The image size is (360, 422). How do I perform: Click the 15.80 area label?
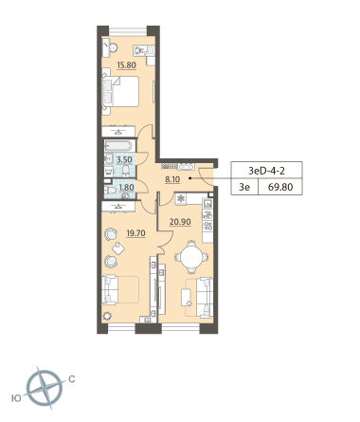coord(126,65)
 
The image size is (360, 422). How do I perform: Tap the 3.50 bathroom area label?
coord(124,159)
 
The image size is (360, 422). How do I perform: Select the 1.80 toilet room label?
coord(126,188)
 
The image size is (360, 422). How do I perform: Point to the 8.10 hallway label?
coord(172,179)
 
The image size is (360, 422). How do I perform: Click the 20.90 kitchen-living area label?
coord(180,222)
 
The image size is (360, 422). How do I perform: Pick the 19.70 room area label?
coord(135,233)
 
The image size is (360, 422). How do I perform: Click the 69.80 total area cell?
coord(280,187)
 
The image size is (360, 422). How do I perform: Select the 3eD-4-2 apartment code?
coord(266,171)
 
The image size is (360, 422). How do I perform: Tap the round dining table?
coord(191,257)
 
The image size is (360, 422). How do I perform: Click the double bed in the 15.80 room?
coord(120,91)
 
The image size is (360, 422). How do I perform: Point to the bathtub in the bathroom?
coord(118,145)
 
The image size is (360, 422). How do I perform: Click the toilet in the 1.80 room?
coord(111,191)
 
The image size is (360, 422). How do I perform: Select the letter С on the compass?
coord(72,378)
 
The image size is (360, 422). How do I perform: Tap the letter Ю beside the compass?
coord(16,398)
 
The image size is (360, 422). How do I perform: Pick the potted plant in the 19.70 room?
coord(107,316)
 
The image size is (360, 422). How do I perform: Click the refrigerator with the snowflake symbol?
coord(181,198)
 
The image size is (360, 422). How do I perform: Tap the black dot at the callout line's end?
coord(189,178)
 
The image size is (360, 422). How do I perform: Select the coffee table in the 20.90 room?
coord(186,298)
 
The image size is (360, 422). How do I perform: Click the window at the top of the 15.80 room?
coord(128,31)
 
